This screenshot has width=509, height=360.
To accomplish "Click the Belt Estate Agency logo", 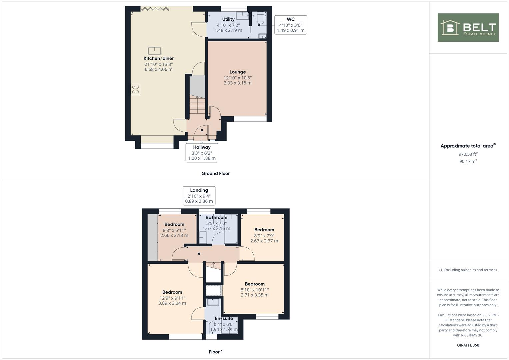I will pyautogui.click(x=468, y=27).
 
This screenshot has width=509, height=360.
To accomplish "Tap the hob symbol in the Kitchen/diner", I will pyautogui.click(x=135, y=90).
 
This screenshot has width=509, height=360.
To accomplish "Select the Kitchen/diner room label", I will pyautogui.click(x=159, y=58).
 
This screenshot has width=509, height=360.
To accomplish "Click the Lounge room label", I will pyautogui.click(x=237, y=72).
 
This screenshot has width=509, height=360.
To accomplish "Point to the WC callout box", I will pyautogui.click(x=290, y=25).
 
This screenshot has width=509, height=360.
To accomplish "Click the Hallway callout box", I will pyautogui.click(x=202, y=153).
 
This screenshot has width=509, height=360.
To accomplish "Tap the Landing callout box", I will pyautogui.click(x=199, y=196).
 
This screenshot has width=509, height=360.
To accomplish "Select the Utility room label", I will pyautogui.click(x=228, y=19).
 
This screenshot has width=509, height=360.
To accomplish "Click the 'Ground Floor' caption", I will pyautogui.click(x=215, y=173).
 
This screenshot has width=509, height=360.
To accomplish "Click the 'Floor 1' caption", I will pyautogui.click(x=215, y=352).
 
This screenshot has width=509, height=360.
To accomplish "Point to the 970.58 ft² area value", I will pyautogui.click(x=468, y=154).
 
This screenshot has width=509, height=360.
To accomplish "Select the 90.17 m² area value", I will pyautogui.click(x=468, y=161).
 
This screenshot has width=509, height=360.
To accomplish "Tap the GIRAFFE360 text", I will pyautogui.click(x=468, y=345).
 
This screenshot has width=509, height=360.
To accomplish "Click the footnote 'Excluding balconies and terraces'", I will pyautogui.click(x=468, y=270).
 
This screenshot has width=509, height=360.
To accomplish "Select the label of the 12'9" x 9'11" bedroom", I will pyautogui.click(x=172, y=292).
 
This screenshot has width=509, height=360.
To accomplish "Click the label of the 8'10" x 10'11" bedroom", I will pyautogui.click(x=255, y=284).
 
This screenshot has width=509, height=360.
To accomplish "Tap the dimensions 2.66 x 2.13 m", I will pyautogui.click(x=174, y=235).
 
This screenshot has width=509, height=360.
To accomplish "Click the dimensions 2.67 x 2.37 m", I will pyautogui.click(x=264, y=241).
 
